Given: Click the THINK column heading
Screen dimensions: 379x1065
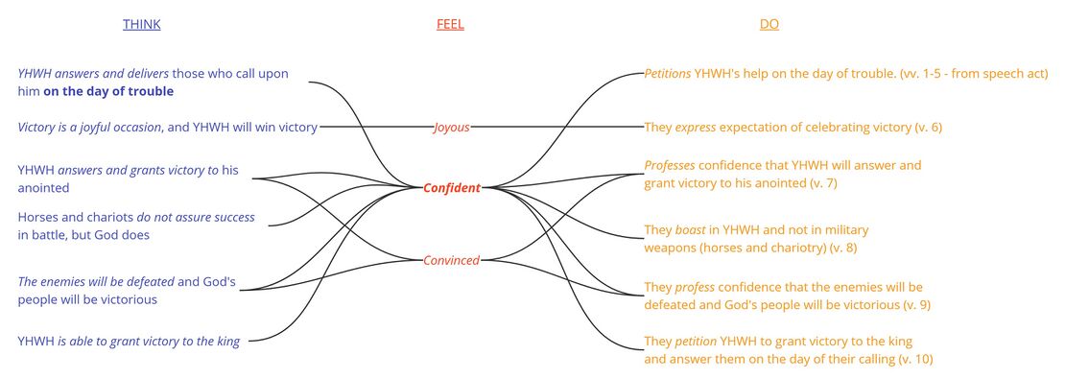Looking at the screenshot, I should point(141,25).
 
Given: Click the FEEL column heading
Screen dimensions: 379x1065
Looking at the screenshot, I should point(450,25).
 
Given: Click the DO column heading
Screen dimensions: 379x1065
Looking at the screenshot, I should point(769,25).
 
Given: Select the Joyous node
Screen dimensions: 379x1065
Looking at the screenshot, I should point(451,127).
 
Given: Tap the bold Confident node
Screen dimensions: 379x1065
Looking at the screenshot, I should point(451,188).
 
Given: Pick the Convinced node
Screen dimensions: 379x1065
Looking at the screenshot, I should point(451,260).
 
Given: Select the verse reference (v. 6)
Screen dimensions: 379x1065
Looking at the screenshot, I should point(925,127).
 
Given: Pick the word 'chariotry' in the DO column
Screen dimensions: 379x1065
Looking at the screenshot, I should point(801,247).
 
